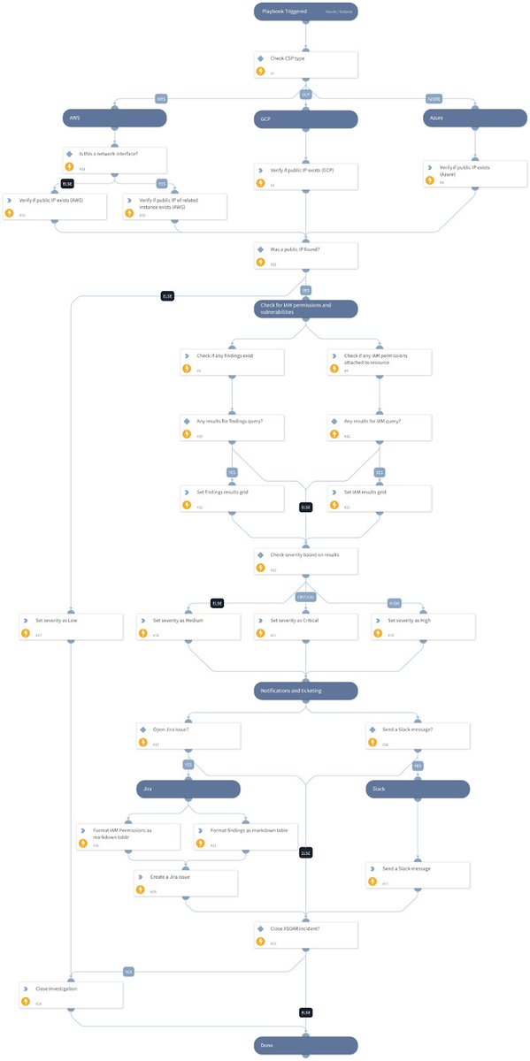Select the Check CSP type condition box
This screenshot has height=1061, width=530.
click(x=305, y=64)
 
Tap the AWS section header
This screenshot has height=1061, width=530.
click(x=112, y=117)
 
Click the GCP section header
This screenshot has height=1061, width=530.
click(x=305, y=117)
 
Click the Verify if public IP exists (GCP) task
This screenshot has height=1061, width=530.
click(x=305, y=175)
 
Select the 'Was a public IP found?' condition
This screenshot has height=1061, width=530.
click(x=305, y=256)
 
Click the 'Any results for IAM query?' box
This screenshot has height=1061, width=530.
click(x=380, y=427)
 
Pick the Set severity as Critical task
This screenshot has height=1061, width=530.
click(x=305, y=626)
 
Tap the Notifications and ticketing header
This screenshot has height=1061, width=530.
click(x=305, y=690)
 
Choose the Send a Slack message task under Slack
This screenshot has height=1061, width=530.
click(x=417, y=874)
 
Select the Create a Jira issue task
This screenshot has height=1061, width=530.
click(x=187, y=882)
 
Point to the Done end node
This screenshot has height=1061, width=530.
click(x=305, y=1046)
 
